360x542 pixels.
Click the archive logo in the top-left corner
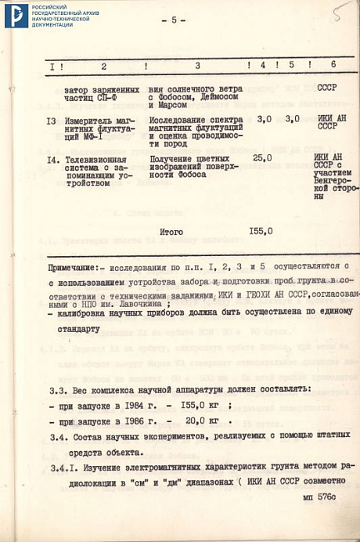pos(16,15)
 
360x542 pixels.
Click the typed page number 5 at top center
pos(174,20)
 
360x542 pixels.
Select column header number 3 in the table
pos(197,66)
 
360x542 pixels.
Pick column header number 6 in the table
pos(333,66)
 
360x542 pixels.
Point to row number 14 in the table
pos(52,159)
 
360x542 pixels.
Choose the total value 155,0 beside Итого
pos(261,232)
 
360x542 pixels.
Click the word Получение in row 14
pos(176,159)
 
